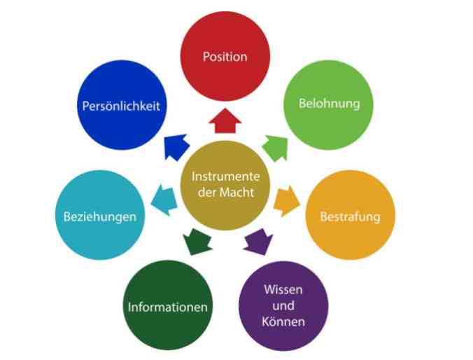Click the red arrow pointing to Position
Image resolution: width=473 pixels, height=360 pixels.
coord(225,120)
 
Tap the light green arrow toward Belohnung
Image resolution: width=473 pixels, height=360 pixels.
coord(276,148)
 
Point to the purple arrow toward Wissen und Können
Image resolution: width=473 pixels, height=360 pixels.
coord(258,242)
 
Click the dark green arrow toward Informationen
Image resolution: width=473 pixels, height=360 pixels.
coord(197,242)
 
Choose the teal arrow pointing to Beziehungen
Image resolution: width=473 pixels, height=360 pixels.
coord(164,200)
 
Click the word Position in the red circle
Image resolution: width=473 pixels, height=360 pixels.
coord(225,57)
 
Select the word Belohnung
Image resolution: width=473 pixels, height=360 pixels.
coord(330,104)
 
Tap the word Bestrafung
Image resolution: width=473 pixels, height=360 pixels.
coord(351,217)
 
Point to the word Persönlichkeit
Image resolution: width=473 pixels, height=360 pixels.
coord(121,106)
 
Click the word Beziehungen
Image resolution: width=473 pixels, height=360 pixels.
coord(100,217)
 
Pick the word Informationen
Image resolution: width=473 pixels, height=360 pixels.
coord(168,307)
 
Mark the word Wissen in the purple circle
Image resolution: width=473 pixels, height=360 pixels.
coord(283,290)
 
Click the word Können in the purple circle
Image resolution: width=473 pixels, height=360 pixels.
coord(283,321)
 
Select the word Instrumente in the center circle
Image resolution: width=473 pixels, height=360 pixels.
coord(225,176)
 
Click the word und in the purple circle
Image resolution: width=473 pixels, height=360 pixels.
coord(283,305)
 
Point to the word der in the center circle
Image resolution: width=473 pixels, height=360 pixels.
coord(207,193)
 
